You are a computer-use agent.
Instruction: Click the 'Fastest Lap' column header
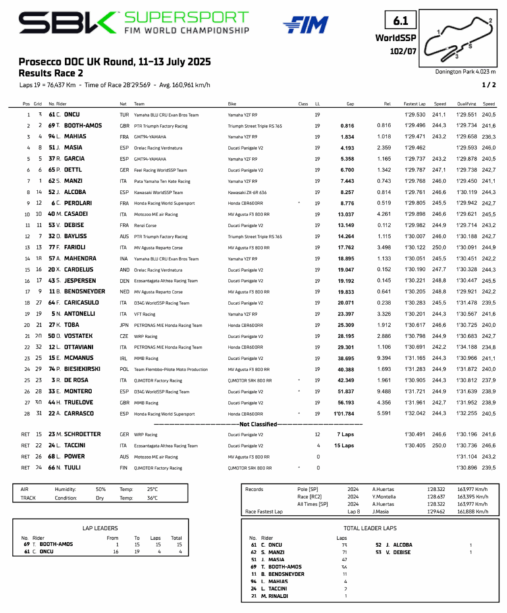414,103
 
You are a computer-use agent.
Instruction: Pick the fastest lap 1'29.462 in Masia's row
414,148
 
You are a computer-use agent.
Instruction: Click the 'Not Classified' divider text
254,424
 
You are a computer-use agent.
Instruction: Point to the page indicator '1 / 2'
488,84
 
